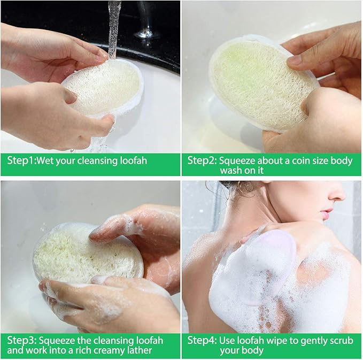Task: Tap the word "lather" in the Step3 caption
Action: coord(139,350)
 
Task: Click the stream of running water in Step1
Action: coord(114,27)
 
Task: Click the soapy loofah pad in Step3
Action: coord(86,251)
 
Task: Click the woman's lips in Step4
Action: coord(327,215)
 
